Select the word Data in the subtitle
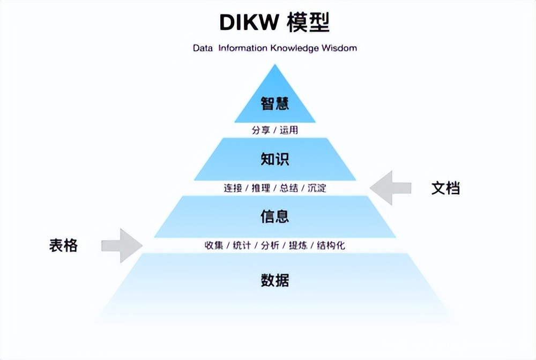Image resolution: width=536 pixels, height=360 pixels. tap(203, 48)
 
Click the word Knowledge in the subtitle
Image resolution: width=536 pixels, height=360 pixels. tap(294, 48)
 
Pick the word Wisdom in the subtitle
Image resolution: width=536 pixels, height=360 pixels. tap(339, 48)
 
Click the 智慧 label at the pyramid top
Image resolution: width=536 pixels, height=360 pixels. tap(275, 103)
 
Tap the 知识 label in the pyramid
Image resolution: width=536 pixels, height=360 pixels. tap(275, 159)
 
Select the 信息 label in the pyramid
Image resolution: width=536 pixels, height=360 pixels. tap(275, 216)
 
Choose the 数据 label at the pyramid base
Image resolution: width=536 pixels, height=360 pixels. tap(275, 280)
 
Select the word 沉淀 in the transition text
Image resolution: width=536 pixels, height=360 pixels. tap(317, 188)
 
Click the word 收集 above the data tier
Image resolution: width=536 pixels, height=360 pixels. tap(213, 246)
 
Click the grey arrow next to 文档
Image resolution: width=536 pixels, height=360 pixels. tap(390, 188)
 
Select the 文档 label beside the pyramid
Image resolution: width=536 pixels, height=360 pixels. tap(445, 188)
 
